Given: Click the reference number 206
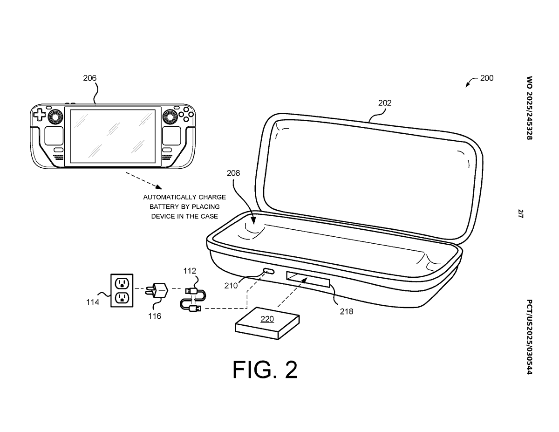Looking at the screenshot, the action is point(89,78).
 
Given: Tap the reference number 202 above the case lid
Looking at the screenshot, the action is point(385,103).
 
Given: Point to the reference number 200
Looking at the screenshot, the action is point(487,78).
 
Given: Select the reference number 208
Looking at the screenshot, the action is point(233,173).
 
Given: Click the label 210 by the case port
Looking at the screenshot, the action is point(231,286).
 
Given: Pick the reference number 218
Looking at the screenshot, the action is point(347,312).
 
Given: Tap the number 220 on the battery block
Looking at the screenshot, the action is point(267,319).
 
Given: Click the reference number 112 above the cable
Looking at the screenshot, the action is point(190,271).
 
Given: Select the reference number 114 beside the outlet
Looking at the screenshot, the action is point(93,302).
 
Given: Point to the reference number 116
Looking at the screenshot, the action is point(155,316).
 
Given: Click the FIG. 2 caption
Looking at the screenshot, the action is point(265,370).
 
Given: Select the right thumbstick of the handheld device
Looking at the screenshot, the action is point(170,117).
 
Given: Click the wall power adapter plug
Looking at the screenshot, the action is point(157,290).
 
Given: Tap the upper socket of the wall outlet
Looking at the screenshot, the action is point(122,283).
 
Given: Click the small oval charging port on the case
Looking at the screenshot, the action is point(269,271).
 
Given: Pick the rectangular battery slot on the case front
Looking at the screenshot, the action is point(308,280).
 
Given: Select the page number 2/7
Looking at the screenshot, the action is point(521,214).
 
